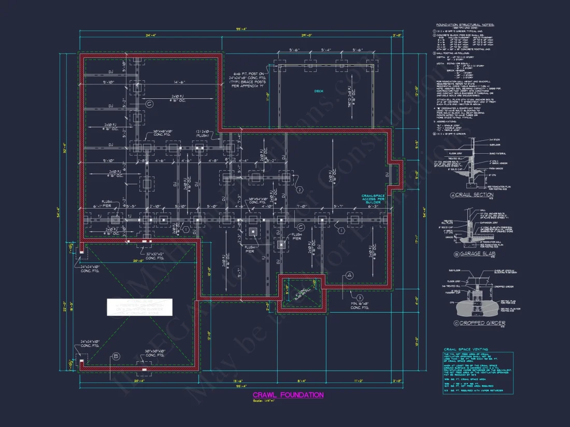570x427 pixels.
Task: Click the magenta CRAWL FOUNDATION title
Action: pos(288,395)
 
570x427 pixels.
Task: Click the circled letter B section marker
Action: pos(116,356)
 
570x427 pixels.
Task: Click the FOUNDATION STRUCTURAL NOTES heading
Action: pos(465,24)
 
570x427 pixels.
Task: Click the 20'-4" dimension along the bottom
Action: pos(139,380)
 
